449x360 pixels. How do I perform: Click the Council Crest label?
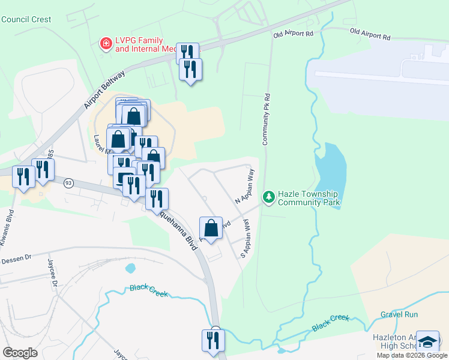coord(26,19)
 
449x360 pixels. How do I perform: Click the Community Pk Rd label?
coord(267,119)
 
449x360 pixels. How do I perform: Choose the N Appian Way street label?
coord(246,187)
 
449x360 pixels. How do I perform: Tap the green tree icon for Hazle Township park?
coord(268,196)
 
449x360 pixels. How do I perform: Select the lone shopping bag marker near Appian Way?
coord(211,228)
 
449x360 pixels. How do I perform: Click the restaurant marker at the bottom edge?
coord(213,340)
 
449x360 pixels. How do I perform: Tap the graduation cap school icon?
coord(427,342)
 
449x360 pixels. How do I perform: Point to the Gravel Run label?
coord(399,314)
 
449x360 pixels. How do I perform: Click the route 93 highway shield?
coord(68,182)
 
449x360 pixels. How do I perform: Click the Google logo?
coord(20,353)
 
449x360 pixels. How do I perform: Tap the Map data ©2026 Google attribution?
coord(411,355)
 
